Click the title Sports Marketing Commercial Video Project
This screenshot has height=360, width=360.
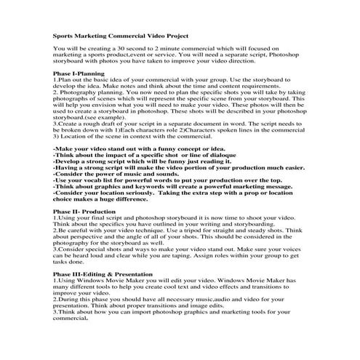point(120,34)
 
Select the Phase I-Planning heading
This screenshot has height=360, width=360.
point(79,73)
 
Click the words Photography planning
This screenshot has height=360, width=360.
point(89,92)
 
